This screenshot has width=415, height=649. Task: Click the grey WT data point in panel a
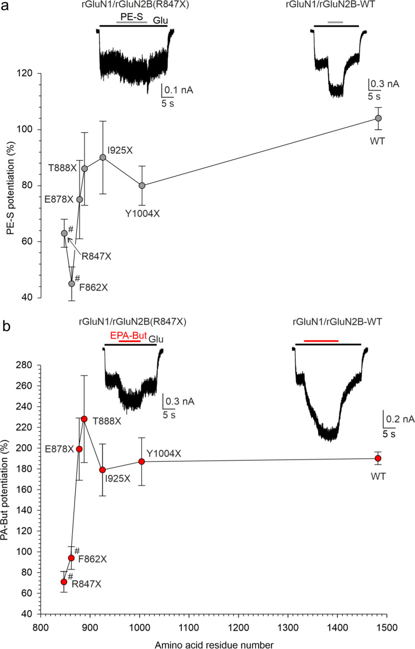378,118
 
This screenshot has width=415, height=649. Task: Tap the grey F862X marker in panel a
71,283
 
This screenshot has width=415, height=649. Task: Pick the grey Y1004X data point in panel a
142,186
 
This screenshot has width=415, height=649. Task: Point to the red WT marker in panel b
378,458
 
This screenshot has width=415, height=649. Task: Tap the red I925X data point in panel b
102,470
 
